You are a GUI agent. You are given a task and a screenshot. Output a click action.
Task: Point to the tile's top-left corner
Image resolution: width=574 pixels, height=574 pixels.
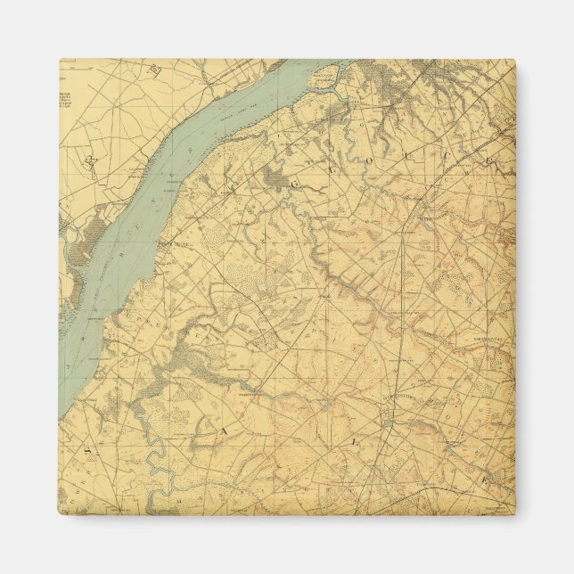61,61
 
